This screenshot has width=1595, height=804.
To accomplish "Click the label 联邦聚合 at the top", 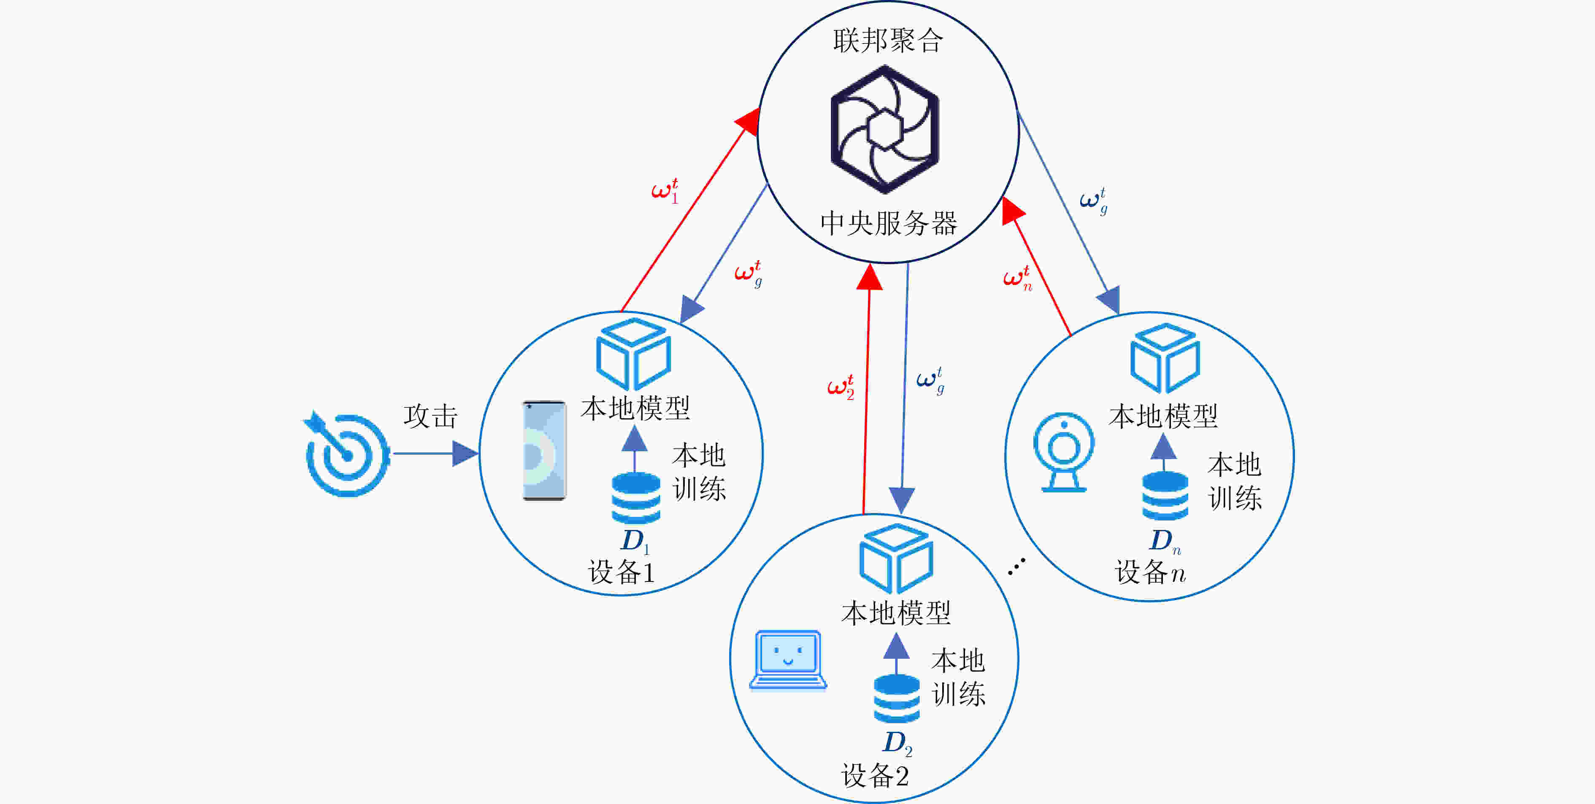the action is tap(888, 41).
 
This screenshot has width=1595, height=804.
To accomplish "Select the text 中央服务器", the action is tap(889, 223).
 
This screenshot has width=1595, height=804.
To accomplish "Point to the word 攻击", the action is tap(430, 416).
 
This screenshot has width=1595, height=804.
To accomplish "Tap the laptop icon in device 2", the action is tap(788, 660).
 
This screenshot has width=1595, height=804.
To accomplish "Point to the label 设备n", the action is tap(1150, 572).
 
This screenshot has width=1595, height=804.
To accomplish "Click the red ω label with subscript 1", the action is tap(665, 190).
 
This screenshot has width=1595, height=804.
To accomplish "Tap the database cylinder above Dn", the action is tap(1165, 495).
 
